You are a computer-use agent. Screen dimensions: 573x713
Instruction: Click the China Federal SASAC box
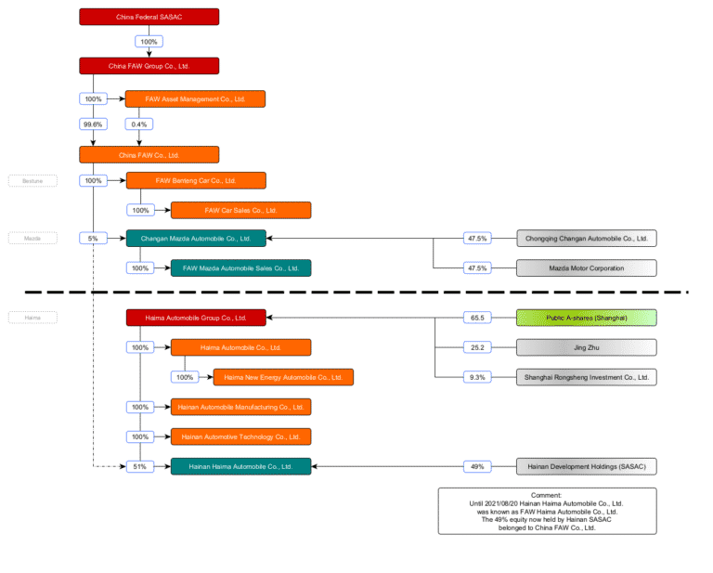tap(149, 17)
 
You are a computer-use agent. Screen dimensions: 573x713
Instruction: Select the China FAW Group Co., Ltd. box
tap(149, 65)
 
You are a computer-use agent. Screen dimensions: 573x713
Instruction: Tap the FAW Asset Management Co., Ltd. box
tap(195, 98)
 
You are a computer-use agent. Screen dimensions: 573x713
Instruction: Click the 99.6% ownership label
tap(93, 124)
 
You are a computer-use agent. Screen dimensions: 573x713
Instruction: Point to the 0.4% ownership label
tap(139, 124)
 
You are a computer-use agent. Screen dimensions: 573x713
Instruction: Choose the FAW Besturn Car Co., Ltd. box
tap(195, 180)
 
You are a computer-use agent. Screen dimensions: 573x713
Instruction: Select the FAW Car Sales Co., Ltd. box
tap(240, 210)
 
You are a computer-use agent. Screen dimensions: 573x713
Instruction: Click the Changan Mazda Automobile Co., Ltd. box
tap(195, 239)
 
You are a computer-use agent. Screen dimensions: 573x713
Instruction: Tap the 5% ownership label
tap(93, 239)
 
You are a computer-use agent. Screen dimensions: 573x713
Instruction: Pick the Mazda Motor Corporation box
tap(586, 268)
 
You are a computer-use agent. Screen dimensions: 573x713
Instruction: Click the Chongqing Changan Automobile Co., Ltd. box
tap(586, 239)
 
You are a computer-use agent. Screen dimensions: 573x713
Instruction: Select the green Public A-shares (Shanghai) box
tap(586, 318)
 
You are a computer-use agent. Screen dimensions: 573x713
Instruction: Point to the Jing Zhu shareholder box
tap(586, 347)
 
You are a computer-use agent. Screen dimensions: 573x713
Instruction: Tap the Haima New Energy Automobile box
tap(283, 377)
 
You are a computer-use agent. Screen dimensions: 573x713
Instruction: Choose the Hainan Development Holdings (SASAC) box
tap(586, 466)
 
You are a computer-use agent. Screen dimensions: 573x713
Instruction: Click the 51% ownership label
tap(140, 466)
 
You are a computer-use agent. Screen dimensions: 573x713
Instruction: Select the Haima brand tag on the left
tap(32, 318)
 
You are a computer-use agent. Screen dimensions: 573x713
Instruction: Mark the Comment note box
tap(546, 511)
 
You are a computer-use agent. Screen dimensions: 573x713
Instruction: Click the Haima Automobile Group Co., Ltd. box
tap(195, 318)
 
